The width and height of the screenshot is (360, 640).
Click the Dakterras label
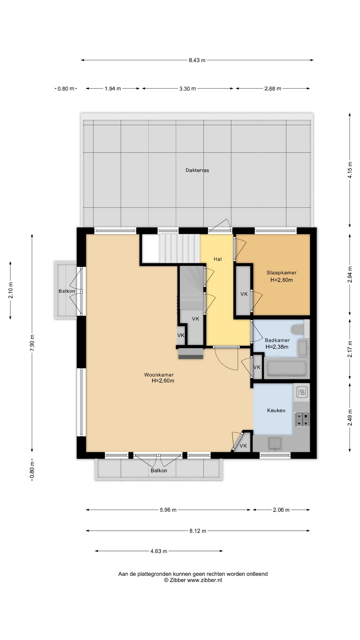coord(197,170)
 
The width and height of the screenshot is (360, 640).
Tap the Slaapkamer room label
coord(282,273)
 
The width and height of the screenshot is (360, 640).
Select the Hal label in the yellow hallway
coord(218,259)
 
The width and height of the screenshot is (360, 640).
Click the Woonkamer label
coord(159,375)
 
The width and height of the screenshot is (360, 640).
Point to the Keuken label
coord(276,410)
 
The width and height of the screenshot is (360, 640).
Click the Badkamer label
coord(277,340)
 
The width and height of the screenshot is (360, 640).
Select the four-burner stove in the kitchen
coord(302,419)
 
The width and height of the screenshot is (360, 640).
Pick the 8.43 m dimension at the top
coord(197,60)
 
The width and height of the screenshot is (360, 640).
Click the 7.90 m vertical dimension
coord(32,343)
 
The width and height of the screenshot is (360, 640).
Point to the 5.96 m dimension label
coord(168,510)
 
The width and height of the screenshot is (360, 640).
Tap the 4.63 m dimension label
coord(159,551)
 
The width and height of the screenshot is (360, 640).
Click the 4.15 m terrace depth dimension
coord(350,170)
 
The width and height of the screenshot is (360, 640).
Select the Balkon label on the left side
coord(67,291)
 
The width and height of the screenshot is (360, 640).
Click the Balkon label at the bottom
coord(159,470)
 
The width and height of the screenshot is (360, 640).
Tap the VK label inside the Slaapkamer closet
coord(244,294)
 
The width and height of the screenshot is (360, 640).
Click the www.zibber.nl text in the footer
coord(204,580)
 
